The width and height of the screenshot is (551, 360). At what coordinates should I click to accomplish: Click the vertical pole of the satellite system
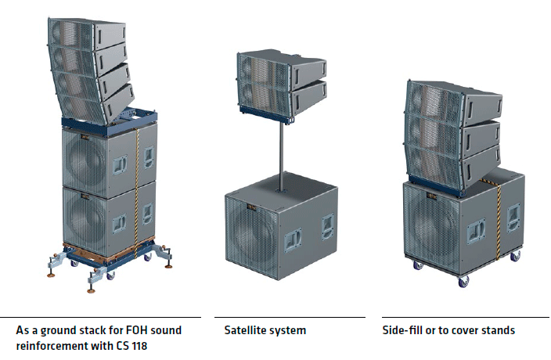pos(282,157)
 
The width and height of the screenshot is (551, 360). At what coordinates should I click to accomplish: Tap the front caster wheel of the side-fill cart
pos(463,281)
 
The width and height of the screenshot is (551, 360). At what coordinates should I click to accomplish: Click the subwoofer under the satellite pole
pos(281,226)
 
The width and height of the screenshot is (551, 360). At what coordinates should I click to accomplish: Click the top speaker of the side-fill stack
pos(453,102)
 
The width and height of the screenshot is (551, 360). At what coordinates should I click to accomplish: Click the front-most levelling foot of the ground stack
pos(92,289)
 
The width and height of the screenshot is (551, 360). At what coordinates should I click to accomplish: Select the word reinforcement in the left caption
pos(52,346)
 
